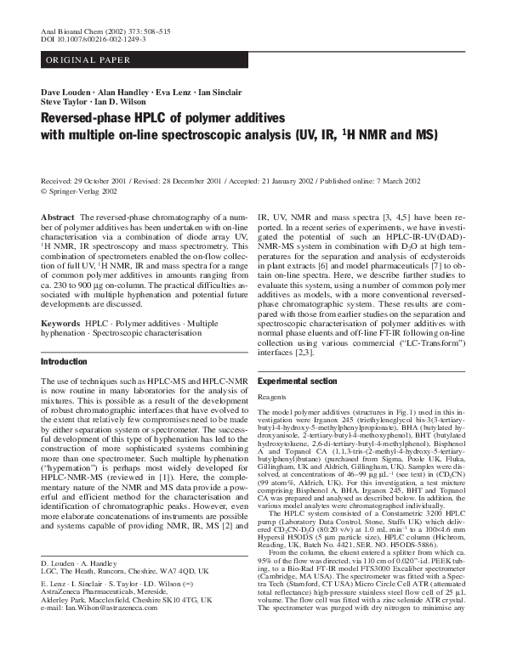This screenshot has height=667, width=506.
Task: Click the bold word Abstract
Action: point(59,218)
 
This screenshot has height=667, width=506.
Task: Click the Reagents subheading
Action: point(274,397)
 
